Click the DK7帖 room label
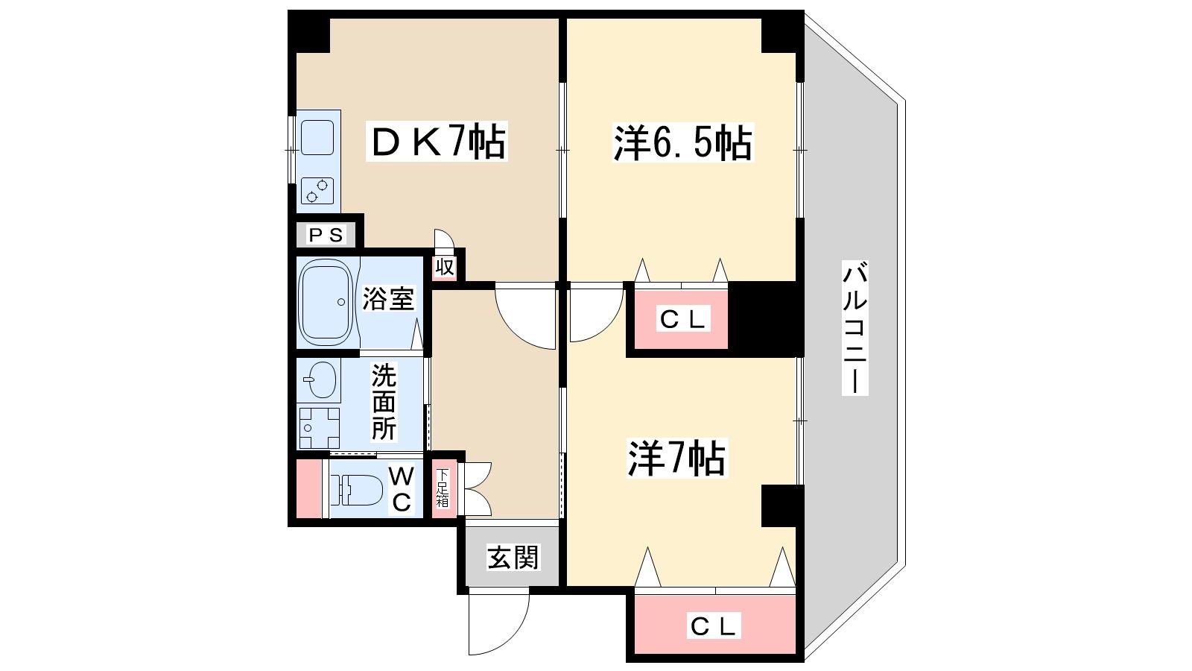click(437, 141)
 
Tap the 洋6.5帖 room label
click(683, 142)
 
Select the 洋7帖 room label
click(677, 458)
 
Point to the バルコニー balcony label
click(855, 328)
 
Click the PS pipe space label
click(326, 235)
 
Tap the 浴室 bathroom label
click(388, 299)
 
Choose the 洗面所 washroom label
click(383, 402)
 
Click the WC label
click(402, 489)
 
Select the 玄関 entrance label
click(513, 558)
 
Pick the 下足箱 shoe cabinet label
click(443, 488)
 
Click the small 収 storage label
click(445, 267)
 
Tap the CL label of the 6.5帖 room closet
click(683, 319)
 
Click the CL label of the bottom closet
click(714, 626)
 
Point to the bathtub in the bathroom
click(325, 302)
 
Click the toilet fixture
click(356, 489)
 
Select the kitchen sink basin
click(317, 137)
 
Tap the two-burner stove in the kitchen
click(317, 191)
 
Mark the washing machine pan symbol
click(319, 428)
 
